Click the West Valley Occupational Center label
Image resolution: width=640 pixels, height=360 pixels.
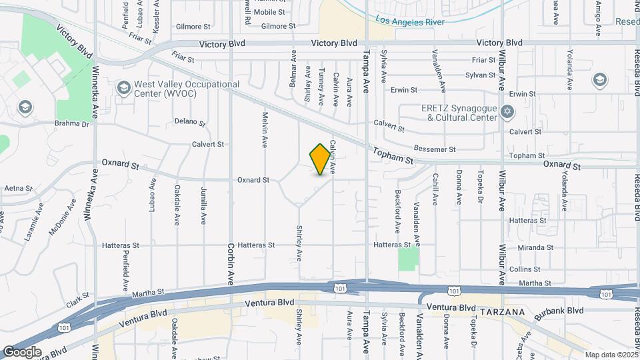[187, 89]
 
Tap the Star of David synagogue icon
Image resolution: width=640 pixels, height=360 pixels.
[507, 111]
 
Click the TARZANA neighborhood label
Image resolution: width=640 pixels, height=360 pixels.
[502, 312]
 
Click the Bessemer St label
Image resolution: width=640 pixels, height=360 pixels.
[435, 149]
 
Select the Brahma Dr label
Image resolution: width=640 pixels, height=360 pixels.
[72, 124]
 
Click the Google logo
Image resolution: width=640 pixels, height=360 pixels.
[21, 351]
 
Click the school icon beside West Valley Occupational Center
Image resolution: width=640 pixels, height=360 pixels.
[123, 89]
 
